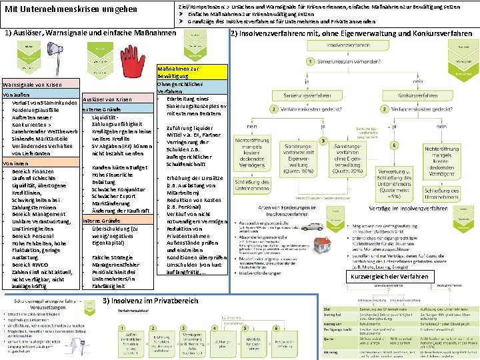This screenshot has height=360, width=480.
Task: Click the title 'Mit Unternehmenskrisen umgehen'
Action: point(71,9)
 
